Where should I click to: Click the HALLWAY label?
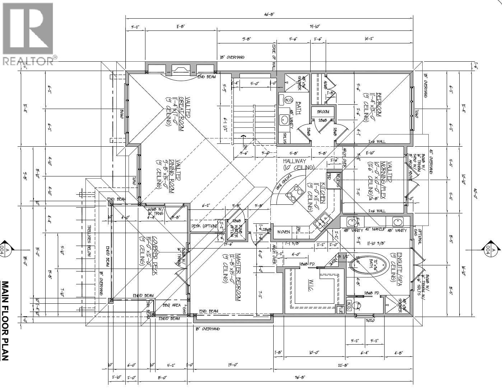(x=294, y=161)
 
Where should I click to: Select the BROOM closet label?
(x=323, y=112)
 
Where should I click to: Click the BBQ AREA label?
(x=171, y=305)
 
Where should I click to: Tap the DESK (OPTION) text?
(x=204, y=226)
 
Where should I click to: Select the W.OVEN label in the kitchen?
(x=284, y=232)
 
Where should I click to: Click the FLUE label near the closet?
(x=340, y=309)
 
